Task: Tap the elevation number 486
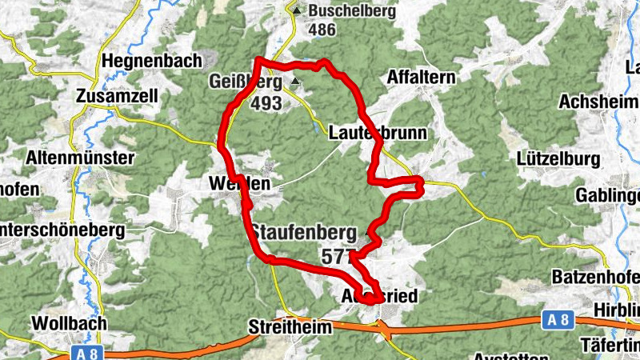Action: coord(322,29)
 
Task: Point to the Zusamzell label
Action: coord(117,96)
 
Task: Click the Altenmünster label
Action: coord(80,158)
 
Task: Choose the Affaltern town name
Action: coord(420,78)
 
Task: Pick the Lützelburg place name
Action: coord(558,158)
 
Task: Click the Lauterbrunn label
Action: coord(378,133)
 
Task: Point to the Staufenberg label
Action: coord(304,233)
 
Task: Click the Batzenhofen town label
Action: coord(596,277)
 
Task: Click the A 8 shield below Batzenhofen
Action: coord(559,319)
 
